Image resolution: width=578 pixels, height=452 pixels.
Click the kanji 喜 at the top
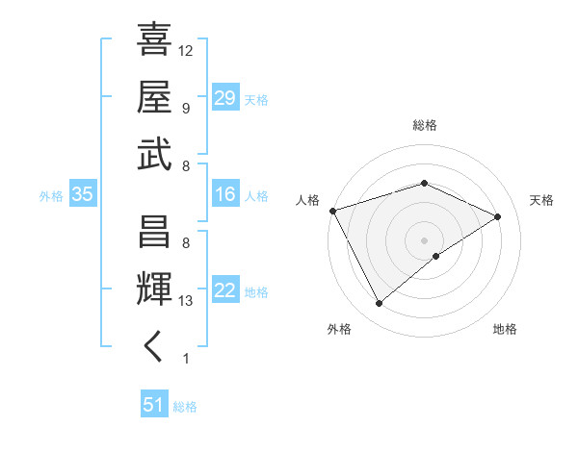(x=155, y=39)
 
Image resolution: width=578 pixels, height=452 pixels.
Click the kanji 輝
(x=155, y=289)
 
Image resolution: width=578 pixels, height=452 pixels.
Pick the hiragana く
(x=154, y=347)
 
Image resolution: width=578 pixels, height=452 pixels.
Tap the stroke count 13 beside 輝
(x=186, y=301)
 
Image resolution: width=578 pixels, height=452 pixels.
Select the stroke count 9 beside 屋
(x=185, y=108)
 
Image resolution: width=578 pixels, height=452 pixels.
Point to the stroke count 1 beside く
(x=185, y=359)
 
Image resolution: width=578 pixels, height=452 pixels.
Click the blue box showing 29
(x=224, y=97)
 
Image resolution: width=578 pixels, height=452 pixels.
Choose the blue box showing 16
(x=224, y=195)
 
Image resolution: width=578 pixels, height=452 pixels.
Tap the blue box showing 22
(x=224, y=291)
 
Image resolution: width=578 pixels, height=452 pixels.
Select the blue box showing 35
(x=82, y=195)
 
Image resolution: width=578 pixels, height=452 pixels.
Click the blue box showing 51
(x=153, y=405)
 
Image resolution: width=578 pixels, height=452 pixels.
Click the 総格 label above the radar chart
(x=425, y=125)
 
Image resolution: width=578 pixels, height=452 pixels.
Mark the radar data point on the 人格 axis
(x=332, y=211)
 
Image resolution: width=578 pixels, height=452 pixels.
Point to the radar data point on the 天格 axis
(x=498, y=216)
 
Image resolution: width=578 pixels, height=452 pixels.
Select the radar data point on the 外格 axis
(x=379, y=304)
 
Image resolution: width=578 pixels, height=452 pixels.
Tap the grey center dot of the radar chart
(x=425, y=239)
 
